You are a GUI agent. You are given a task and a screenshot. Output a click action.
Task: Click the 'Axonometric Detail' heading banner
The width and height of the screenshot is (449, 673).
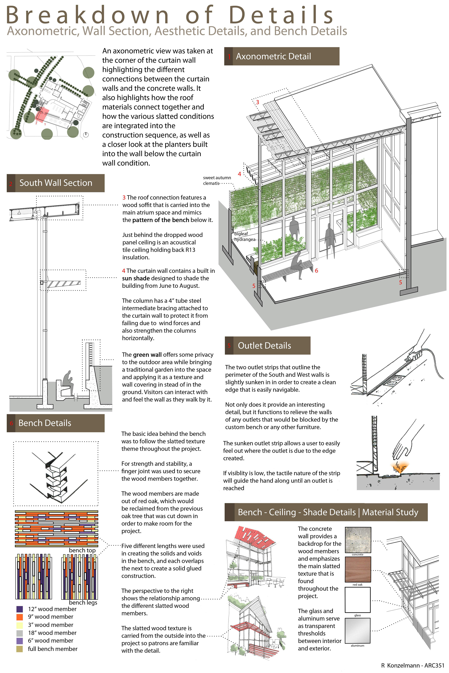(281, 56)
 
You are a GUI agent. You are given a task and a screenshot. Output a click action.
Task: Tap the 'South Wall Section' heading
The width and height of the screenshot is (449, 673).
(56, 183)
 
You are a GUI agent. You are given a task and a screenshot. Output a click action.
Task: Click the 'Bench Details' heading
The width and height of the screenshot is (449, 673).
(56, 423)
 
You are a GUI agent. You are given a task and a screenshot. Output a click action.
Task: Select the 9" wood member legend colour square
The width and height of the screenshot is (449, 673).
(19, 617)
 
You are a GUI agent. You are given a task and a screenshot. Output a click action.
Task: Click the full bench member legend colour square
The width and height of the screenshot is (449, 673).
(19, 649)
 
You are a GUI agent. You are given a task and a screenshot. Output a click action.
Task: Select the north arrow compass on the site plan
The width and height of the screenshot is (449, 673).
(86, 134)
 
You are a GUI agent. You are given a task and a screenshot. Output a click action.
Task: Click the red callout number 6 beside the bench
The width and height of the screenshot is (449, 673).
(316, 270)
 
